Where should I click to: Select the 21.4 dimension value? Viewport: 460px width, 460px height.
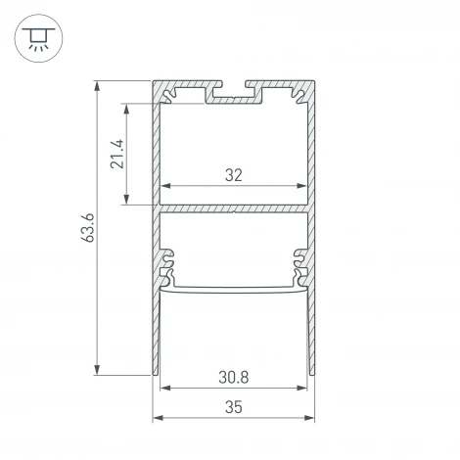coord(116,154)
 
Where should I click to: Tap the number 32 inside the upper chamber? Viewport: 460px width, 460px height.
coord(233,175)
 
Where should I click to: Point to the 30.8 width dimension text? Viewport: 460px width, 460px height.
coord(233,377)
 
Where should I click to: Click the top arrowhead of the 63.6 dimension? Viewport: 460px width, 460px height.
coord(97,86)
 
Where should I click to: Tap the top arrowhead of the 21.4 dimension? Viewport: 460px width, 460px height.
coord(126,108)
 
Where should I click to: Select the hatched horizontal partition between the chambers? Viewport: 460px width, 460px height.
coord(234,207)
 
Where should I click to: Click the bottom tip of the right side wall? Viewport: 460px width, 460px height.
coord(312,372)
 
